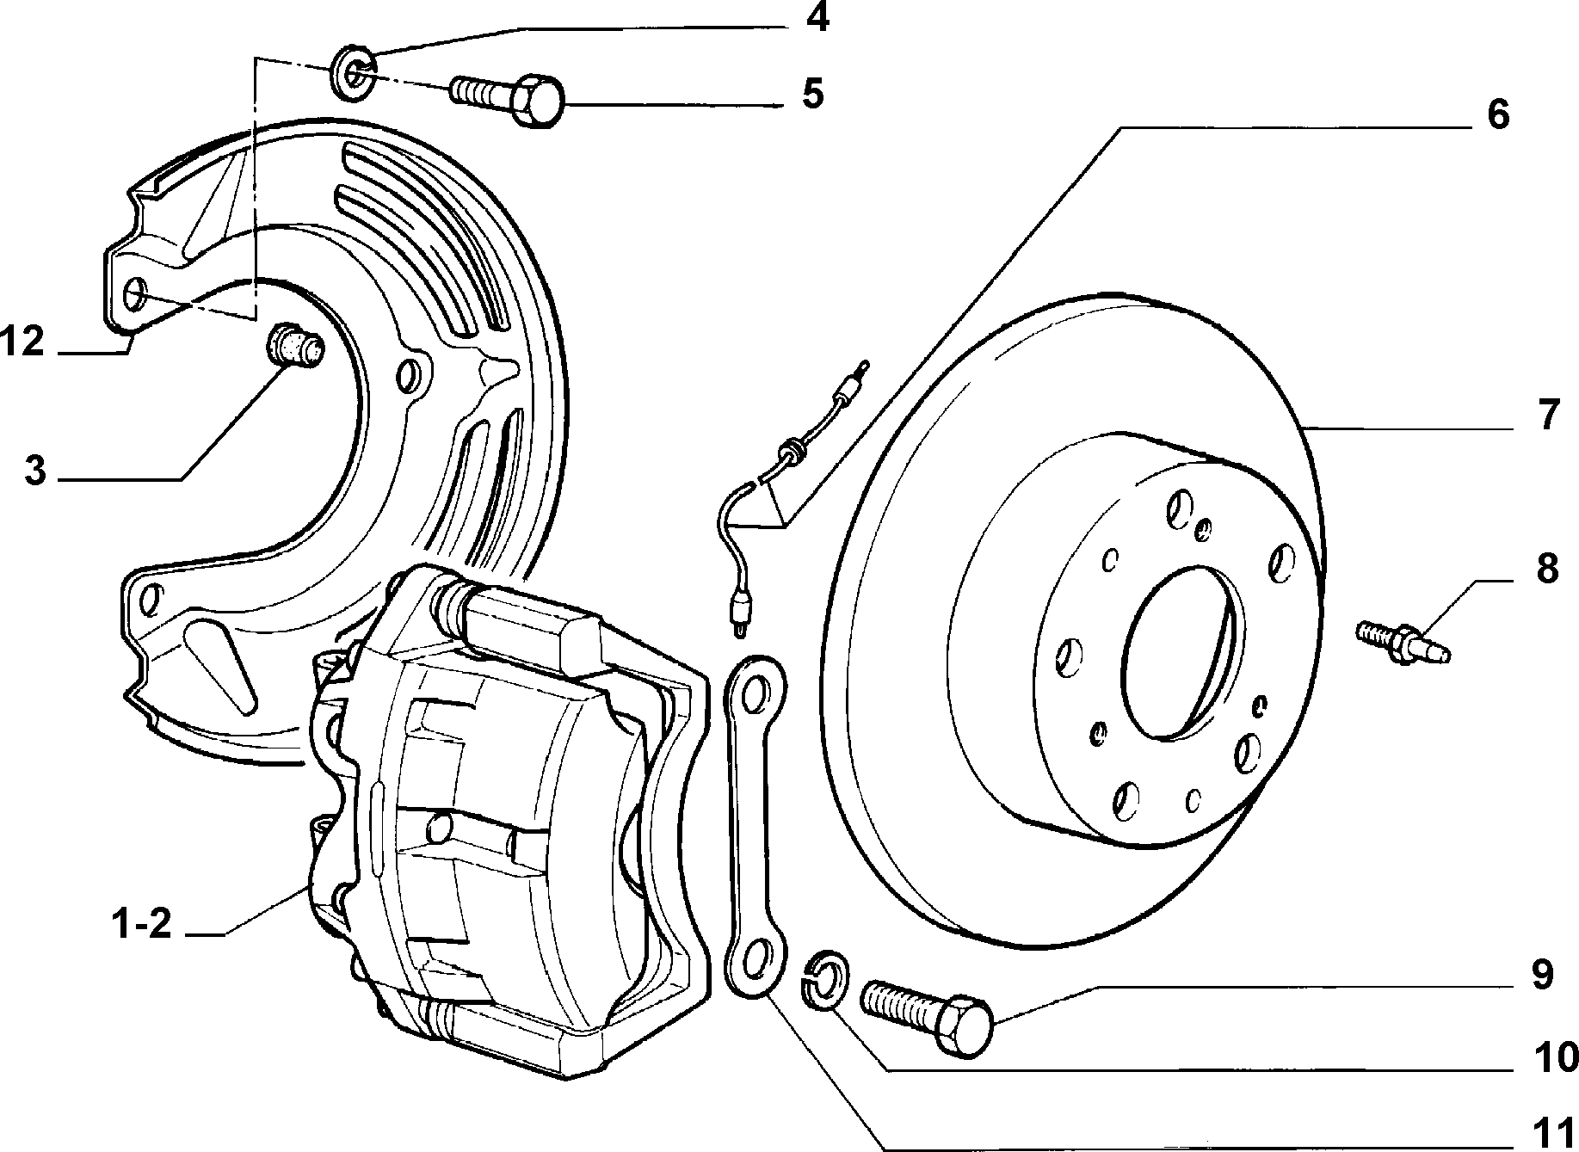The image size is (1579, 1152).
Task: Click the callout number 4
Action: pos(817,17)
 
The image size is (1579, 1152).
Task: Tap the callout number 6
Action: pos(1498,114)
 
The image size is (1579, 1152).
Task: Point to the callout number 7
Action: pos(1548,416)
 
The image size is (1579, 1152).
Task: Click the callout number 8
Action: pos(1547,570)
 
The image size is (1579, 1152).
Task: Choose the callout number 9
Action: pos(1542,975)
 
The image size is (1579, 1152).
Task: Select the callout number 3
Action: pos(34,471)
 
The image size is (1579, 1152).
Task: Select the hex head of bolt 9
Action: pos(963,1027)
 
